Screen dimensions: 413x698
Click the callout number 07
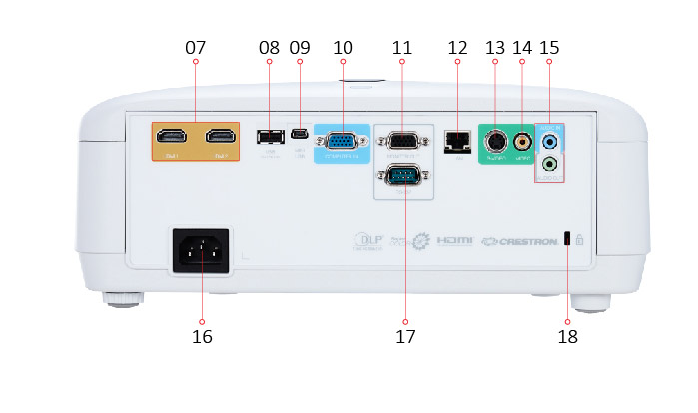195,47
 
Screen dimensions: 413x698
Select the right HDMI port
220,137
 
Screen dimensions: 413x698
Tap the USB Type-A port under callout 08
268,136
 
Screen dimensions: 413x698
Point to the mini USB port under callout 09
299,136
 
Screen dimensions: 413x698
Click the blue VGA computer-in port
342,141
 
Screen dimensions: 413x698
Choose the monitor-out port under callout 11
401,141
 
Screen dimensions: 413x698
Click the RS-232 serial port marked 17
401,178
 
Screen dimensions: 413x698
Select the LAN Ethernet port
457,140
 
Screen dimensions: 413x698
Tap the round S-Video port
495,141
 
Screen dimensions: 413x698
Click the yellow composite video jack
522,141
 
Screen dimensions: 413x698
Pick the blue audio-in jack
548,141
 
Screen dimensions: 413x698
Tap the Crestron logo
520,241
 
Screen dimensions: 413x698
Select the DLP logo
368,241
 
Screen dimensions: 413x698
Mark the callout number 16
202,336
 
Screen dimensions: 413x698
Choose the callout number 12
457,47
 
